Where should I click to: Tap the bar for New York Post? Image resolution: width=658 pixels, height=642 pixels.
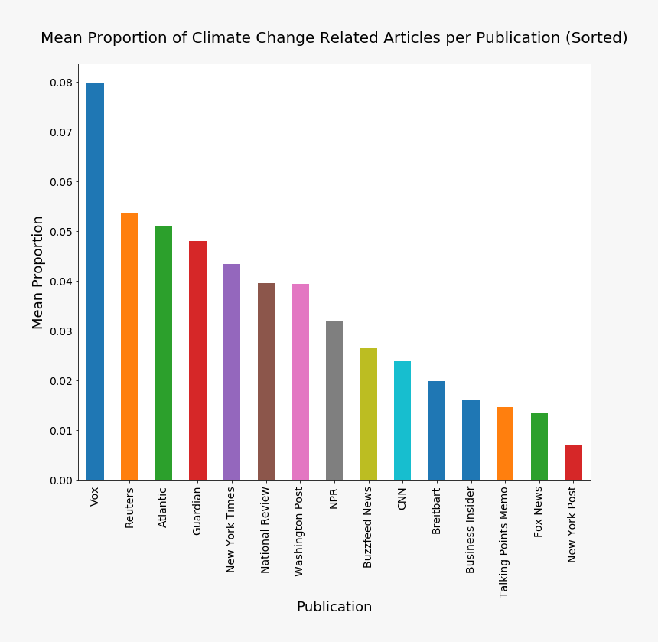click(x=573, y=462)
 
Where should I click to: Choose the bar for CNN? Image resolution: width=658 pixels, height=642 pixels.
click(x=402, y=421)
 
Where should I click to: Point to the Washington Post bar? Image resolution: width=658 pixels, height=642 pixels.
click(x=300, y=382)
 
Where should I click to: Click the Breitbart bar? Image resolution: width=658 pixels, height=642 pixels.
click(x=437, y=431)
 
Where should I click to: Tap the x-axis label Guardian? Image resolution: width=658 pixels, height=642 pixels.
click(x=197, y=511)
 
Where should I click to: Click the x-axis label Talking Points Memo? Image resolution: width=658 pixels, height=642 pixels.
click(x=504, y=543)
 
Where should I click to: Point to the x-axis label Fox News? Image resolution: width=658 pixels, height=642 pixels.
click(x=539, y=512)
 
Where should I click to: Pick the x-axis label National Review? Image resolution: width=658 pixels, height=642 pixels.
click(x=265, y=530)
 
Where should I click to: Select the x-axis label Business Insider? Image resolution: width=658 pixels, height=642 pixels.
click(x=471, y=530)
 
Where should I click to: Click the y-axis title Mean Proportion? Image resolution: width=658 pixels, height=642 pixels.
click(x=38, y=272)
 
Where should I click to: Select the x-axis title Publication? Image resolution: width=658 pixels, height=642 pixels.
click(x=334, y=607)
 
